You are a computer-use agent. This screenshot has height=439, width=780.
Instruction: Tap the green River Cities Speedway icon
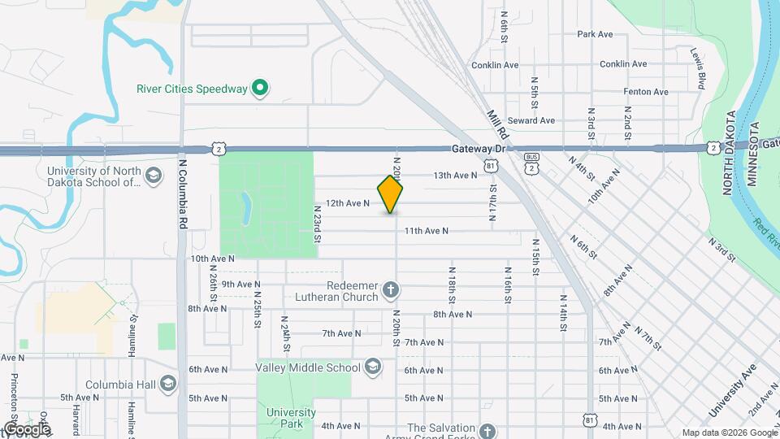[259, 88]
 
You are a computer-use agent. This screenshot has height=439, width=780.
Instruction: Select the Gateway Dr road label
[479, 149]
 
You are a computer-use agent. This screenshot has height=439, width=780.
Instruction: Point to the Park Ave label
[595, 34]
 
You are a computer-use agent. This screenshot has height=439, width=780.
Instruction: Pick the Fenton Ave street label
[646, 92]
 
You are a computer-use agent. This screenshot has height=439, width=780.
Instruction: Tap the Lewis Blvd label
[698, 68]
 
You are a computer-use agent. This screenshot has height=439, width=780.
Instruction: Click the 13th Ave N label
[455, 175]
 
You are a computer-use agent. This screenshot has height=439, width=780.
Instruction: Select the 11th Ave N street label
[427, 231]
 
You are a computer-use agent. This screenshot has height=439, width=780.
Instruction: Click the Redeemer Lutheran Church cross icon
[391, 289]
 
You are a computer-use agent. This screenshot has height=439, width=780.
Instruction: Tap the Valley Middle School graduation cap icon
[373, 367]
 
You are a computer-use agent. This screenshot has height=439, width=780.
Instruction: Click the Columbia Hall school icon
[168, 383]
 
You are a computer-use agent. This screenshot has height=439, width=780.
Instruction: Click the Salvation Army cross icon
[487, 431]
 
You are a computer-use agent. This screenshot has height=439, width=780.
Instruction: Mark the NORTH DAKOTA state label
[729, 153]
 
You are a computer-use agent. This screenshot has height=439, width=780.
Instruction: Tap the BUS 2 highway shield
[531, 161]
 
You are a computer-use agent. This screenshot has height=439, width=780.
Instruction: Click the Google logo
[27, 428]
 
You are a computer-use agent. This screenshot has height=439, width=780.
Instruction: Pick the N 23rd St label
[318, 223]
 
